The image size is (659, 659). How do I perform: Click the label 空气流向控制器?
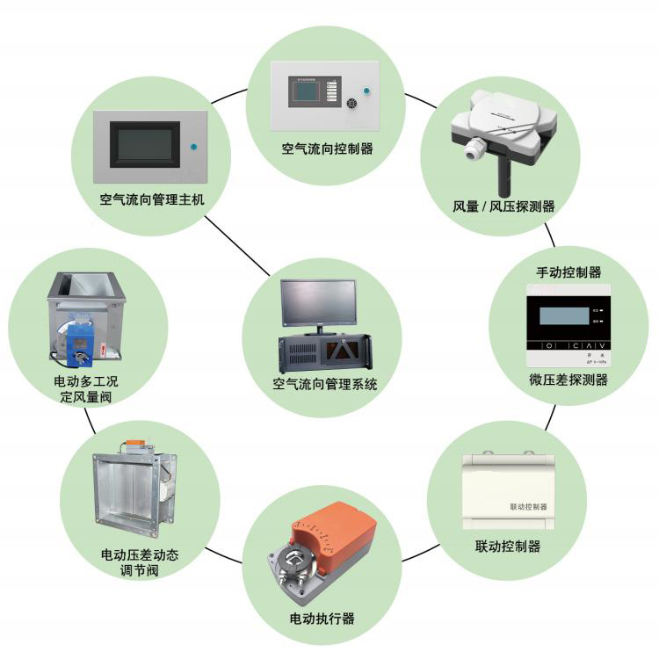coord(327,149)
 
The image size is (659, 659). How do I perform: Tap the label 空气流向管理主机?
coord(152,199)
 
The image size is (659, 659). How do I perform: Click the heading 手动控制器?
coord(569,272)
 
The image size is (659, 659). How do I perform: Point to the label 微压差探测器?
coord(568,380)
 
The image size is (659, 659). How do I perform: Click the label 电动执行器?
coord(322,618)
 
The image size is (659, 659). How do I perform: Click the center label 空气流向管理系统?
coord(324,384)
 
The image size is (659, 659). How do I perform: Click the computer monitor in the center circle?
coord(318,302)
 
